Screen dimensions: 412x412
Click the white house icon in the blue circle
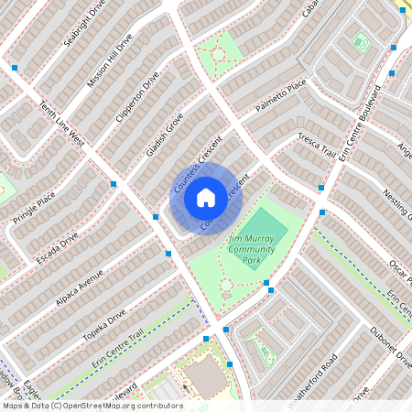[x=206, y=197]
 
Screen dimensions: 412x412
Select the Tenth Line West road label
[x=62, y=125]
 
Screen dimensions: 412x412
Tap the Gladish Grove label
[x=166, y=135]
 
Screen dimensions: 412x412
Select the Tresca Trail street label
[x=318, y=145]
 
